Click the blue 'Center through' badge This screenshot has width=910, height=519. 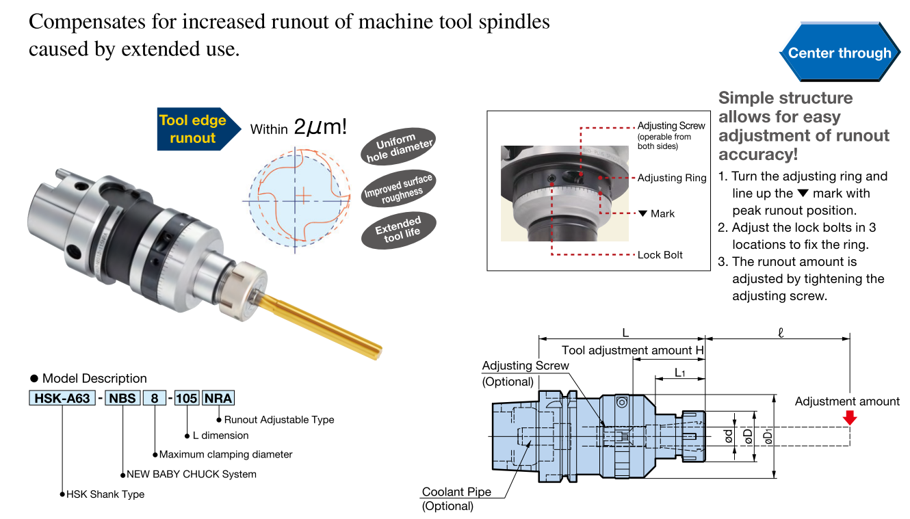840,53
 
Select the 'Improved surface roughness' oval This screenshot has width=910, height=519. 398,189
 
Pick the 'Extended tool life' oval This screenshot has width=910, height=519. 398,230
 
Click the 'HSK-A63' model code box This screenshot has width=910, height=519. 62,398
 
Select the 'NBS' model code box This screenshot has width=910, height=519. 122,398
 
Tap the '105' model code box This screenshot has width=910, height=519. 186,398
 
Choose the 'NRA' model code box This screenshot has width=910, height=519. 218,398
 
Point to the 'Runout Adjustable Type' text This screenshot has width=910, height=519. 278,419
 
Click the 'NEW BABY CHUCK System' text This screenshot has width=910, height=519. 192,474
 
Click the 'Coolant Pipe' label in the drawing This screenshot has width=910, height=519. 456,492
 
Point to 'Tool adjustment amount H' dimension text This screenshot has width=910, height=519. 632,350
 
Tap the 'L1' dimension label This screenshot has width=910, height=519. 679,373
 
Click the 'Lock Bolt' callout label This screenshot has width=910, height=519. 660,255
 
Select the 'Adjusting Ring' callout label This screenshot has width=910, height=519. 671,178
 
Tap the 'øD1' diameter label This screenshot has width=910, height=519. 768,436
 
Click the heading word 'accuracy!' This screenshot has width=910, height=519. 758,154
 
